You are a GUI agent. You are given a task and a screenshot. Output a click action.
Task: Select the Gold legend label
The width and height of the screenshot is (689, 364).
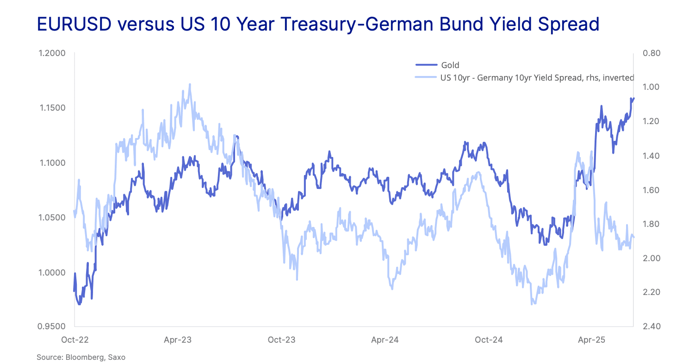450,65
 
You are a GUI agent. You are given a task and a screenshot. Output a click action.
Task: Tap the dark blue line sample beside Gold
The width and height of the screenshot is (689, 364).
426,65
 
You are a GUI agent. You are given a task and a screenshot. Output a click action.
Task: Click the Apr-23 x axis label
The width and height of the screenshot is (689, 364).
178,340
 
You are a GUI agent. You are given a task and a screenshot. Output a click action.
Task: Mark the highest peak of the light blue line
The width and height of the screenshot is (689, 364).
190,84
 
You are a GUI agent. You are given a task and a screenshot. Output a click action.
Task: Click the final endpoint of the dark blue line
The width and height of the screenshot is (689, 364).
633,98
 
